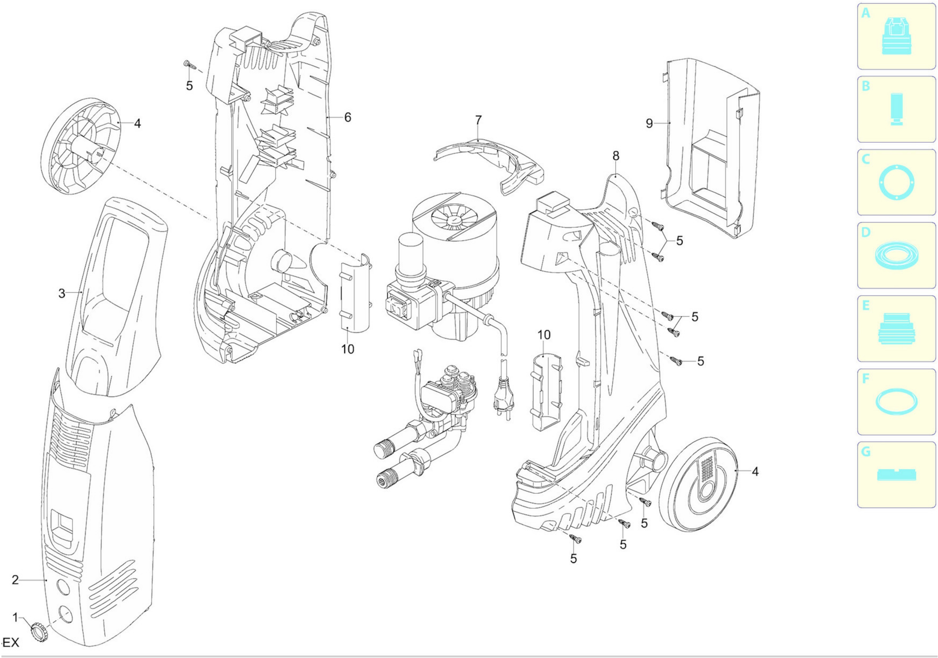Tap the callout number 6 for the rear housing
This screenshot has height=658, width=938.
click(x=347, y=117)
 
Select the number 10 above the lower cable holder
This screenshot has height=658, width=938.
click(x=544, y=335)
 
